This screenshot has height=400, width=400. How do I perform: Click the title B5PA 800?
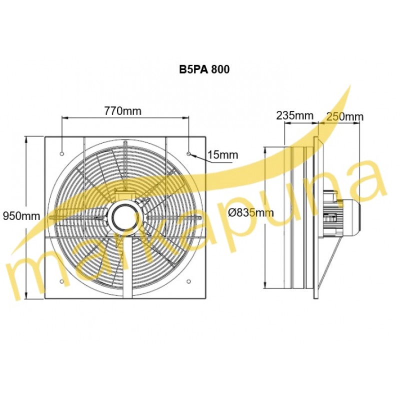pos(204,69)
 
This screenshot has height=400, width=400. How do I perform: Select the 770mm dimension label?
pos(122,111)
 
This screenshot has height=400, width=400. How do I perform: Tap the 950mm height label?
pos(21,216)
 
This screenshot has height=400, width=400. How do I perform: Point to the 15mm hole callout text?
pos(223,155)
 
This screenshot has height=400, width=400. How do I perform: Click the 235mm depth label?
pos(295,115)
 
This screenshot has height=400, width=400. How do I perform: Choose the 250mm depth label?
pos(345,116)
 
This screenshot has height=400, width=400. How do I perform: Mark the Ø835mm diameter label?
pos(251,212)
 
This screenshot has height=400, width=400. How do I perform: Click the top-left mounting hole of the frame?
pos(61,154)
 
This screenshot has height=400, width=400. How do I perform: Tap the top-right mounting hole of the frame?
pos(188,154)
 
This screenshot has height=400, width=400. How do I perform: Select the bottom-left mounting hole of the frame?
pos(61,281)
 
